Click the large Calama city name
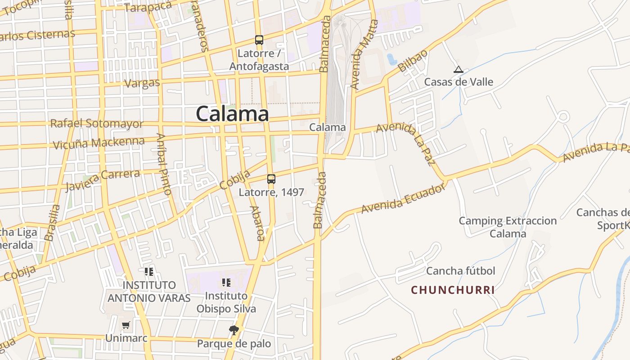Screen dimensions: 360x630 pyautogui.click(x=232, y=113)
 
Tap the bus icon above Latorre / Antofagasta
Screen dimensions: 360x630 pyautogui.click(x=259, y=40)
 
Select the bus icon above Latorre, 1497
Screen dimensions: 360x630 pyautogui.click(x=271, y=179)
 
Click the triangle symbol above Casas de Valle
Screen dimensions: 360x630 pyautogui.click(x=459, y=70)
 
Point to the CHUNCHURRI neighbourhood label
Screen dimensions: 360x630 pyautogui.click(x=453, y=290)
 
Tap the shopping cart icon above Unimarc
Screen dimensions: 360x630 pyautogui.click(x=126, y=325)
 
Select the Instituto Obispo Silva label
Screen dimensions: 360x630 pyautogui.click(x=226, y=302)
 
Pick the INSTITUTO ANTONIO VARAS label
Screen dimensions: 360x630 pyautogui.click(x=149, y=292)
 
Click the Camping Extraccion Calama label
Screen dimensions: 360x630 pyautogui.click(x=508, y=227)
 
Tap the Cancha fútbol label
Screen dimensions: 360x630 pyautogui.click(x=460, y=271)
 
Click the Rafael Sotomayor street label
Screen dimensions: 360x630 pyautogui.click(x=97, y=123)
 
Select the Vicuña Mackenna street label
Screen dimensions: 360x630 pyautogui.click(x=99, y=143)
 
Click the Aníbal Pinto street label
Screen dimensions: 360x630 pyautogui.click(x=164, y=164)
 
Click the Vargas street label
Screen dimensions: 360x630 pyautogui.click(x=142, y=83)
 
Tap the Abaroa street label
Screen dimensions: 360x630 pyautogui.click(x=257, y=224)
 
